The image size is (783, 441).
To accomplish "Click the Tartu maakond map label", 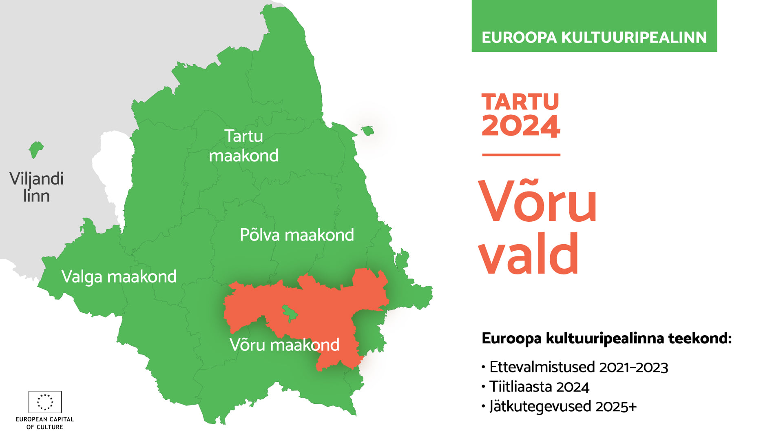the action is [243, 146].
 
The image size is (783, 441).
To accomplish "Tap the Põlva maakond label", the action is [297, 235].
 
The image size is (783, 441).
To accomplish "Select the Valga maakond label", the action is [119, 277].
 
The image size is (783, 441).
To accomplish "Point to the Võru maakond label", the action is [284, 345].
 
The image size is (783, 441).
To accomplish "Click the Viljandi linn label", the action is [36, 187].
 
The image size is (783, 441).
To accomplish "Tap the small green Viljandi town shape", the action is [36, 150].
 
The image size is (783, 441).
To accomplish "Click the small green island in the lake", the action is [367, 131].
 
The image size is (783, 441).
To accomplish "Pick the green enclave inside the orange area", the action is [290, 314].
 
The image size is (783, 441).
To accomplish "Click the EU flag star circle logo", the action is [45, 402].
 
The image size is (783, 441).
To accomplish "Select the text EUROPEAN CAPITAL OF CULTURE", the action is [45, 423].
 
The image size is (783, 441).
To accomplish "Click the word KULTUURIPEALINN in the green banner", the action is [634, 38].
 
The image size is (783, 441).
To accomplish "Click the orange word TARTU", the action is [520, 102].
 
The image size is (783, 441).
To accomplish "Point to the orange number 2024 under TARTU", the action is [521, 125].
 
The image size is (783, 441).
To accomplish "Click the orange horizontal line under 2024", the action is [521, 155].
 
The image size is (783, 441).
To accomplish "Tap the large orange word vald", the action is [529, 253].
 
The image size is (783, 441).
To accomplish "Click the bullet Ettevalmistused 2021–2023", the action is [575, 367].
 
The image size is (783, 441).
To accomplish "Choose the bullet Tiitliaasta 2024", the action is [535, 387].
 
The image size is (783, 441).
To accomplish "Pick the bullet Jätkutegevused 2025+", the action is [559, 406].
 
